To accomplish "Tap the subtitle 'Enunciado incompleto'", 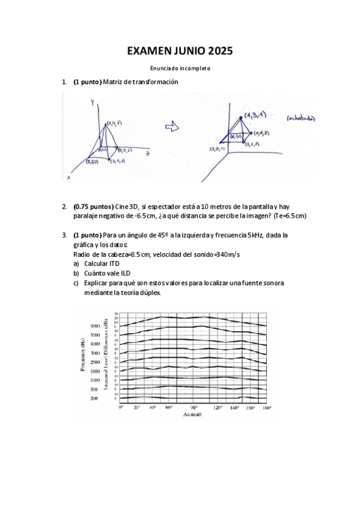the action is [180, 69].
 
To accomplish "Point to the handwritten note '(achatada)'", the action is [301, 118].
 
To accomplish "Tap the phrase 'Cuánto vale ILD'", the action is [108, 274].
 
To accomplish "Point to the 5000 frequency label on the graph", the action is [96, 326].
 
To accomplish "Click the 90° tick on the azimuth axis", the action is [194, 408].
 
